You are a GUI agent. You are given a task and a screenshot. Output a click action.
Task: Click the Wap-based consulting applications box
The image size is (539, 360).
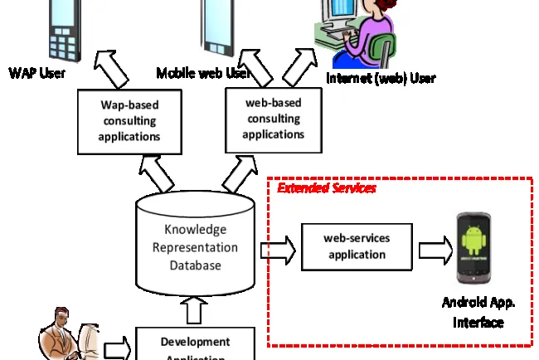(129, 121)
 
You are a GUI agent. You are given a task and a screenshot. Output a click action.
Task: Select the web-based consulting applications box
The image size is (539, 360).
(274, 118)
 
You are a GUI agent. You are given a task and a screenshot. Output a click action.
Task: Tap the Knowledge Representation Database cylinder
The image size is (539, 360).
(196, 246)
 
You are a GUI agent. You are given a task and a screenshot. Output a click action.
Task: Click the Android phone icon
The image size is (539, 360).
(476, 246)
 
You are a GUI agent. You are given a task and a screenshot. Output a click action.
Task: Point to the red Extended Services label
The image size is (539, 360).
(326, 189)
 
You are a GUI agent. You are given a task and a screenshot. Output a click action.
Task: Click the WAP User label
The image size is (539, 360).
(37, 73)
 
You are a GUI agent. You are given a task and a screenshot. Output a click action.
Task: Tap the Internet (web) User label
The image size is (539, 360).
(381, 79)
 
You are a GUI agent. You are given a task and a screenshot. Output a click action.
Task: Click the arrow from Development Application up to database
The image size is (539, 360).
(196, 311)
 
